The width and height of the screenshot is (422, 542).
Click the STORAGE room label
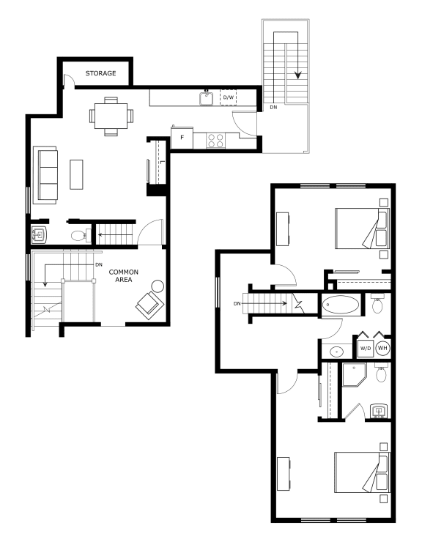pos(100,73)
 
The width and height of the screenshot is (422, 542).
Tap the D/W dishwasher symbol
pos(229,97)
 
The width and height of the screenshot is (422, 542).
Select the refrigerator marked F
pos(182,138)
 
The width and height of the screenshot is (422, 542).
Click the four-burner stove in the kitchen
pos(215,141)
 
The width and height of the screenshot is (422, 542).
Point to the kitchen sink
pos(207,98)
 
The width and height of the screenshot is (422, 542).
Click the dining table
pos(111,116)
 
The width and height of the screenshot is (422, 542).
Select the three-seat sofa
pos(45,175)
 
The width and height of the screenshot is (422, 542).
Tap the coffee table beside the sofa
pos(76,174)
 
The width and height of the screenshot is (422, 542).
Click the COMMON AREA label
pos(124,276)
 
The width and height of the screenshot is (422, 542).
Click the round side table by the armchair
pos(158,286)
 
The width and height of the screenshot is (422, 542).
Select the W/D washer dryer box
pos(366,348)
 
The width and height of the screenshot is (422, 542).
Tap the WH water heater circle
pos(382,348)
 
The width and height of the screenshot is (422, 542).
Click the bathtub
pos(340,305)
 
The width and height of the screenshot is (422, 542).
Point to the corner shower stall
pos(354,374)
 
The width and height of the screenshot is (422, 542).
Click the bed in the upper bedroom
pos(362,228)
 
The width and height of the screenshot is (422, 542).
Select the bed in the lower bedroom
pos(362,472)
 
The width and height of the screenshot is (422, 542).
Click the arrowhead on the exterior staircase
pos(298,75)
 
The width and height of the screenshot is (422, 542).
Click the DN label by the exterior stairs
pos(273,108)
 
